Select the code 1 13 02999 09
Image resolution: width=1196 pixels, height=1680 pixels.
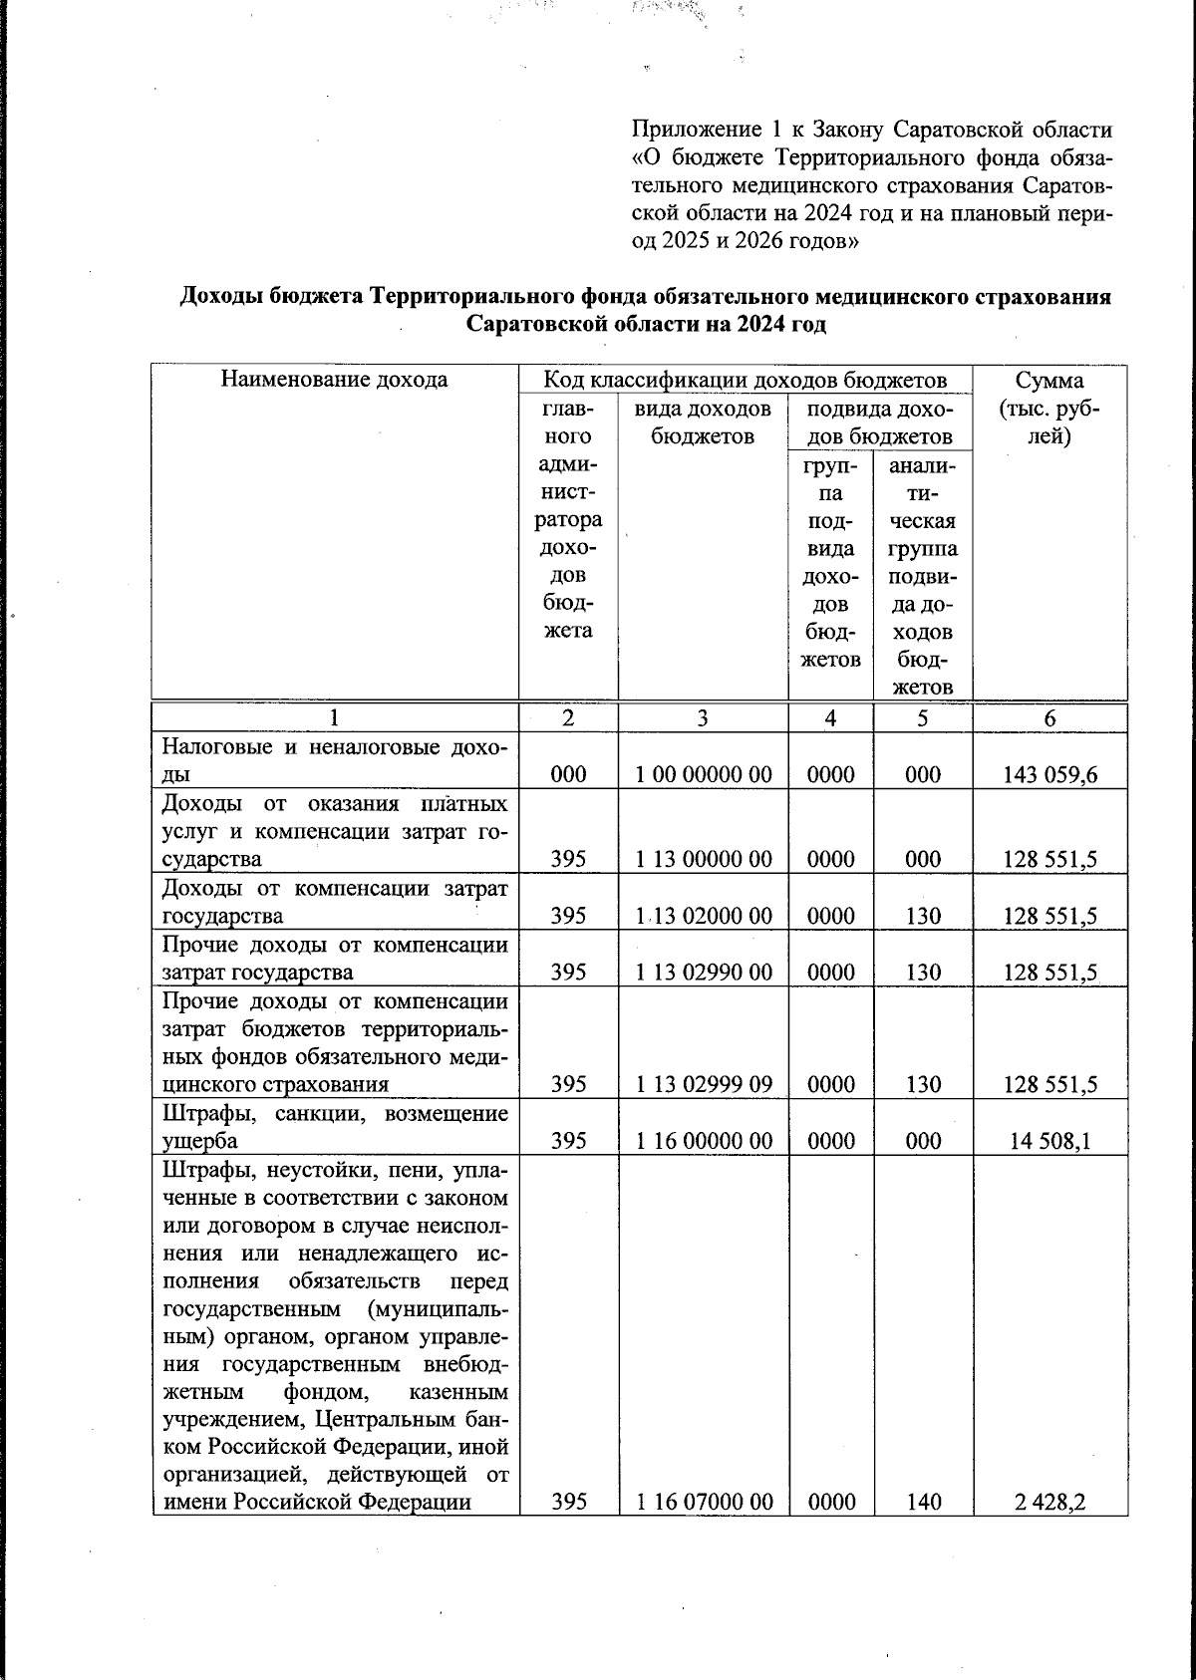coord(704,1084)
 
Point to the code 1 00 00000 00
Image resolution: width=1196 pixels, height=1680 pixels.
coord(704,774)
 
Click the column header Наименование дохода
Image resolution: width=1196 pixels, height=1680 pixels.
coord(334,380)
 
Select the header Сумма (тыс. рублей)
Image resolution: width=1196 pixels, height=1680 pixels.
coord(1049,409)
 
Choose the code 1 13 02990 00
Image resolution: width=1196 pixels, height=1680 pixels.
coord(704,972)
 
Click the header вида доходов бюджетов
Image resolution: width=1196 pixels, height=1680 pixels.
coord(703,422)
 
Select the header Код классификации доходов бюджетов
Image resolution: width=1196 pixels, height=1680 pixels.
coord(745,380)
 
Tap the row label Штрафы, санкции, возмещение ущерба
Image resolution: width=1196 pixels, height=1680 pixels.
coord(334,1127)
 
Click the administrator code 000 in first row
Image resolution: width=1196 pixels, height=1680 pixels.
coord(568,774)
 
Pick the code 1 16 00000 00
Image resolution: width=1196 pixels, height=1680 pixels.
coord(704,1141)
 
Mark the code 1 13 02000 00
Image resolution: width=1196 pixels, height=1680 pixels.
coord(704,916)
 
